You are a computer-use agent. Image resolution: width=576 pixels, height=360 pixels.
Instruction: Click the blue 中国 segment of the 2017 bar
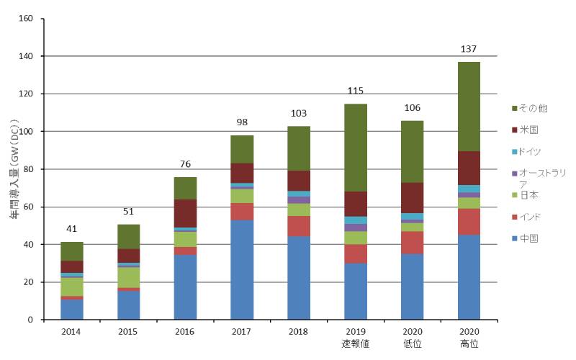coord(242,270)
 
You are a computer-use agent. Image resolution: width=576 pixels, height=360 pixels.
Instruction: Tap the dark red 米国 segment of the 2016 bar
coord(185,213)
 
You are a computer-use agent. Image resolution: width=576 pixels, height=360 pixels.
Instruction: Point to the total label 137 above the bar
coord(469,49)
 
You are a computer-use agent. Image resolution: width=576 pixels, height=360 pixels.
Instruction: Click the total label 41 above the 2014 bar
coord(71,229)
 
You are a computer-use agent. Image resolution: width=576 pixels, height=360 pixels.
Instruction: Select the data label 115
coord(356,91)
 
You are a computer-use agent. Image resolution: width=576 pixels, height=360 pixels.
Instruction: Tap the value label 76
coord(185,163)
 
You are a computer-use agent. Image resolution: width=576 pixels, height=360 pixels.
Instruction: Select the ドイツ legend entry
coord(533,151)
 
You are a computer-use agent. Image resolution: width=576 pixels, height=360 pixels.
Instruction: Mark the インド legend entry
coord(533,217)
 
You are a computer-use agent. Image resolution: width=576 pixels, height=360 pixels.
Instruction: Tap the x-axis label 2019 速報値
coord(356,338)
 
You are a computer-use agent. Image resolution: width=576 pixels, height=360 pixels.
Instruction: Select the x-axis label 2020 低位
coord(413,338)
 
